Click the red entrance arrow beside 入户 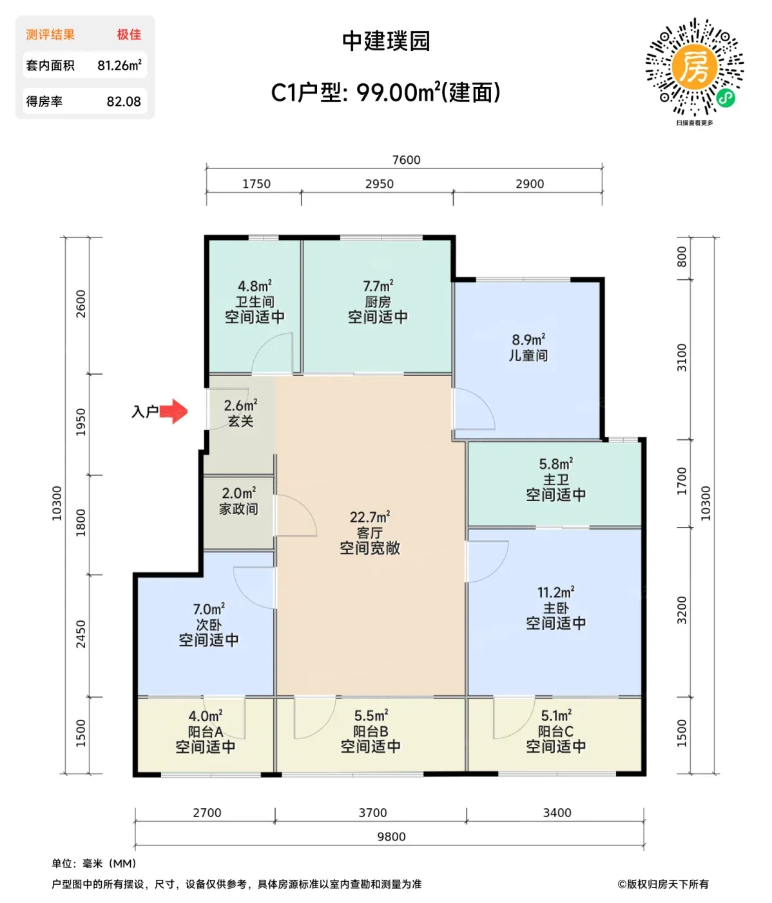pos(173,411)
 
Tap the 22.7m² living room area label pos(370,517)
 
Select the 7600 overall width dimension pos(406,160)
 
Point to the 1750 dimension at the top pos(256,184)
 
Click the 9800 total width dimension pos(391,837)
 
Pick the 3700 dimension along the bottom pos(372,813)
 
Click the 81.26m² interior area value pos(119,65)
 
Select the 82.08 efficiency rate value pos(124,102)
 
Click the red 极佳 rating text pos(129,35)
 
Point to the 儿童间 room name pos(528,355)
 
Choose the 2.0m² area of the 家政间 pos(238,493)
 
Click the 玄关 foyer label pos(240,421)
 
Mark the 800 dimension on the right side pos(681,257)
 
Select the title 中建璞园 pos(386,41)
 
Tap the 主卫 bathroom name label pos(555,479)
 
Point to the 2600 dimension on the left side pos(81,304)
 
